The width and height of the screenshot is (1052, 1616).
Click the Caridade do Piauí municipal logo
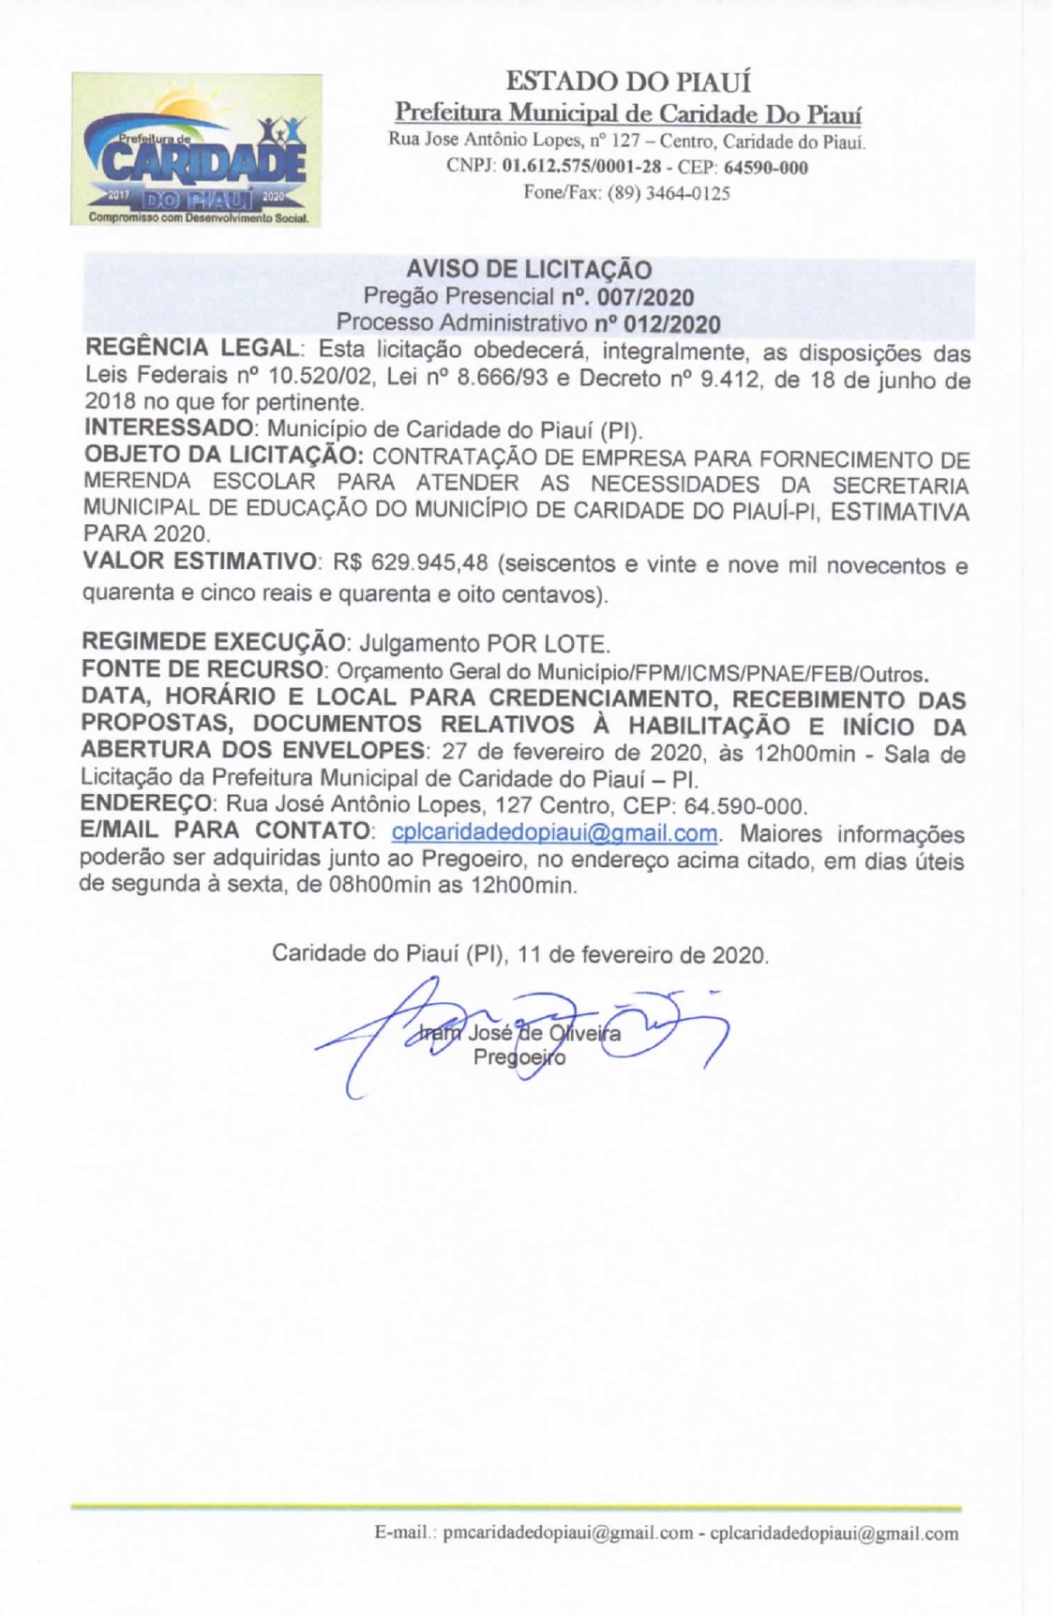coord(197,150)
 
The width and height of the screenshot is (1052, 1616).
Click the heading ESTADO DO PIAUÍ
coord(628,82)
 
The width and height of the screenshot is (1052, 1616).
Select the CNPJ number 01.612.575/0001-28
coord(581,169)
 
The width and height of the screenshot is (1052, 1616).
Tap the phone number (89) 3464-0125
coord(669,194)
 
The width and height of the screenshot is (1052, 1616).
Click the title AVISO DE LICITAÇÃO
coord(529,270)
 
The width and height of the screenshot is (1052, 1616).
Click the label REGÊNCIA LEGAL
coord(191,349)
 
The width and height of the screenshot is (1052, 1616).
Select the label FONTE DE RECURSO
coord(202,671)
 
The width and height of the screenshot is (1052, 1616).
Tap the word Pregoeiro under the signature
coord(519,1057)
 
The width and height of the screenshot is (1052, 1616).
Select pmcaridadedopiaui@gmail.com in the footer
coord(568,1534)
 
